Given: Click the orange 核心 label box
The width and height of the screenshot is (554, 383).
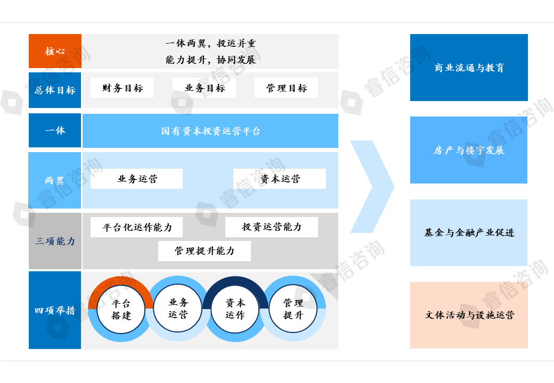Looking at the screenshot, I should pos(55,51).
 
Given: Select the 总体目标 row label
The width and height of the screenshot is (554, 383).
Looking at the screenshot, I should pos(55,90).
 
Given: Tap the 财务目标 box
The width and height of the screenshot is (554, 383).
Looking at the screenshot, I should pos(122,88).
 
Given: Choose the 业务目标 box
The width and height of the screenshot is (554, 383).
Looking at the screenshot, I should pos(204,88).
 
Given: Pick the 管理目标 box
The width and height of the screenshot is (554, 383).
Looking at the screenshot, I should pos(286,88).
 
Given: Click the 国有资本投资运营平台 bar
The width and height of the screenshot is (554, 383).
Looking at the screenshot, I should pos(210,131).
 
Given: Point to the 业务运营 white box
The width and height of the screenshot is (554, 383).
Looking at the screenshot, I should pos(136,179).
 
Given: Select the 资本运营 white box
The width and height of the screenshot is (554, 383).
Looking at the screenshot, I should pos(280,179).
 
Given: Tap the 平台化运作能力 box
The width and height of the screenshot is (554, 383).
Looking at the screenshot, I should pos(137,227).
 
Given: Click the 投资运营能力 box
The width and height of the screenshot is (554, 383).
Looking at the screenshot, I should pos(272,227).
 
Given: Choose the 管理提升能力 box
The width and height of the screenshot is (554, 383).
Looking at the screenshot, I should pos(204,251).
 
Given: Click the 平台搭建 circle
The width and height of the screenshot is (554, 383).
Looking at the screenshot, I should pos(121,310).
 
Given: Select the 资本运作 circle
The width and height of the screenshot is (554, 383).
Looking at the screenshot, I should pos(235,309).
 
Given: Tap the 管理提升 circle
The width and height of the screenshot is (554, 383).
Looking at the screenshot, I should pos(293,309).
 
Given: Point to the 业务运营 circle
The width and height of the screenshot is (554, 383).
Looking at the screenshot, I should pos(178,309).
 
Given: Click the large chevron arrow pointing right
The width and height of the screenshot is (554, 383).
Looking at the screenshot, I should pos(373,187).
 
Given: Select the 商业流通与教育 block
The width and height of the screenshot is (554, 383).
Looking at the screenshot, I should pos(469,68).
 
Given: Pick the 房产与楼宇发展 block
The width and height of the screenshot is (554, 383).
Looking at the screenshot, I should pos(469,150).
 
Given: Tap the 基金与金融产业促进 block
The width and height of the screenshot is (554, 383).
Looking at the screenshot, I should pos(469,232).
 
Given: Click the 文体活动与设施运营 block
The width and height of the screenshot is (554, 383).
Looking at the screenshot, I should pos(469,315).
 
